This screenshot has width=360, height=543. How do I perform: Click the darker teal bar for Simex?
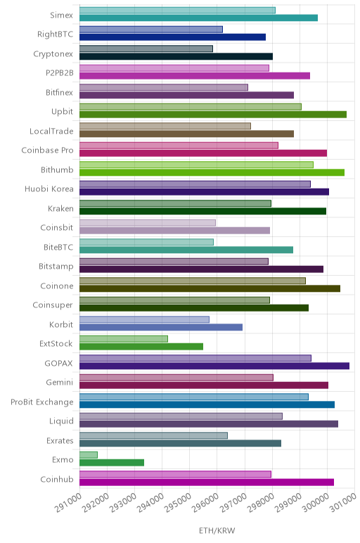click(x=199, y=18)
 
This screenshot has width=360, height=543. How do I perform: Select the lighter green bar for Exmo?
click(x=89, y=454)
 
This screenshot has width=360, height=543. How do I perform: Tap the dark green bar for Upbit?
click(x=213, y=115)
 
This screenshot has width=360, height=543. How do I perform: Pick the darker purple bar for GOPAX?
click(x=214, y=366)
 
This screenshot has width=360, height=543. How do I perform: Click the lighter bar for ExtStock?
click(x=124, y=339)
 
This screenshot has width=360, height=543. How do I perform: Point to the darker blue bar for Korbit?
click(x=161, y=327)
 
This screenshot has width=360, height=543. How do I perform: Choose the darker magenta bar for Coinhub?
click(x=207, y=482)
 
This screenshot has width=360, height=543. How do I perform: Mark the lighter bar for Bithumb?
click(x=196, y=165)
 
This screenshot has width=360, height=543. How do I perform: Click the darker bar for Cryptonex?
click(x=176, y=56)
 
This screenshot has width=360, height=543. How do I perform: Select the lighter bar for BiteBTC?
click(x=146, y=242)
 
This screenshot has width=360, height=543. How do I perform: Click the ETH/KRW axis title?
click(x=217, y=530)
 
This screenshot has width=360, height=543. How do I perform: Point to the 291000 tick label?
click(x=68, y=503)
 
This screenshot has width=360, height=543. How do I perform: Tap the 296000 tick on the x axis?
click(x=205, y=503)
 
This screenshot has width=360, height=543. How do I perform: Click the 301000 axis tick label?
click(x=343, y=503)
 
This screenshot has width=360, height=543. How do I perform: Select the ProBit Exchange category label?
click(x=42, y=402)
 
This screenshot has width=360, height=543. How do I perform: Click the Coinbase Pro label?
click(x=47, y=151)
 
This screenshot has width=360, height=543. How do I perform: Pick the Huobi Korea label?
click(x=49, y=189)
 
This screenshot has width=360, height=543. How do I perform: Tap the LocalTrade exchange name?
click(x=51, y=132)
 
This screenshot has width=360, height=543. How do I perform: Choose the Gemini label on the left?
click(x=60, y=383)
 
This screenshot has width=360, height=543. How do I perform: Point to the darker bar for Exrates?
click(x=180, y=443)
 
